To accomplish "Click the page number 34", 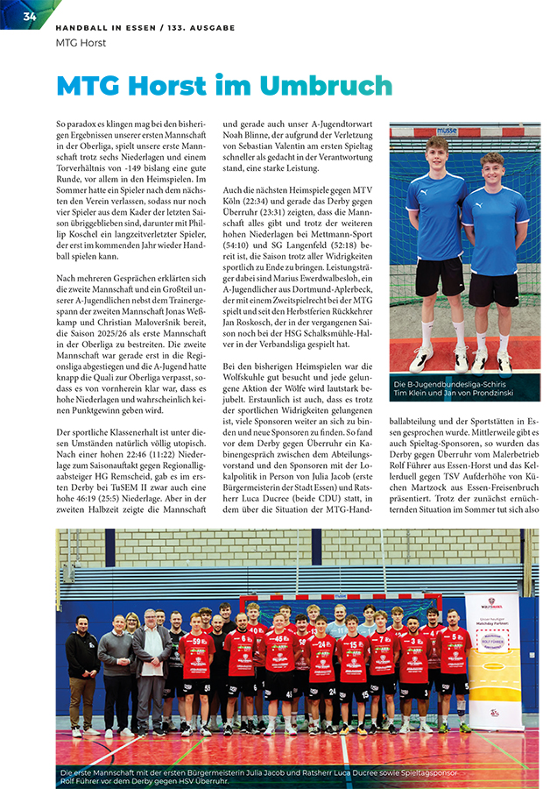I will [29, 17].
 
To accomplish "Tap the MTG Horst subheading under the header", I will [81, 42].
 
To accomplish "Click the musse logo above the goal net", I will [447, 131].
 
